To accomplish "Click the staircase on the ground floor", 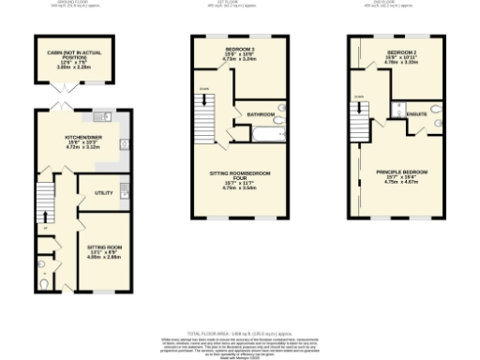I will pyautogui.click(x=43, y=197).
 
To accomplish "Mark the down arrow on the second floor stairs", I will pyautogui.click(x=358, y=97).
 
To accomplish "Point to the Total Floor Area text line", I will pyautogui.click(x=238, y=333).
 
